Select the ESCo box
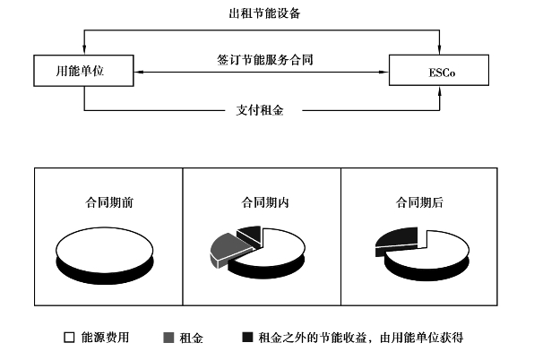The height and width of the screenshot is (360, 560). [x=438, y=70]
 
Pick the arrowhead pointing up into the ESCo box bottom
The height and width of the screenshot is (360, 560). [x=439, y=90]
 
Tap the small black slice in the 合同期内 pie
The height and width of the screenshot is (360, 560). [x=252, y=235]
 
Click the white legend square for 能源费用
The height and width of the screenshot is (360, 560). [x=68, y=339]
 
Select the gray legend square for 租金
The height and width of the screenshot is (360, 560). [x=169, y=339]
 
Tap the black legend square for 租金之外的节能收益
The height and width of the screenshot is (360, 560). [x=246, y=339]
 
